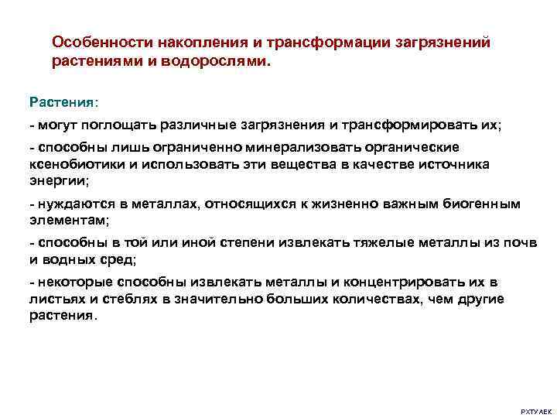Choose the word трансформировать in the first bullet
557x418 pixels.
click(x=403, y=124)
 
